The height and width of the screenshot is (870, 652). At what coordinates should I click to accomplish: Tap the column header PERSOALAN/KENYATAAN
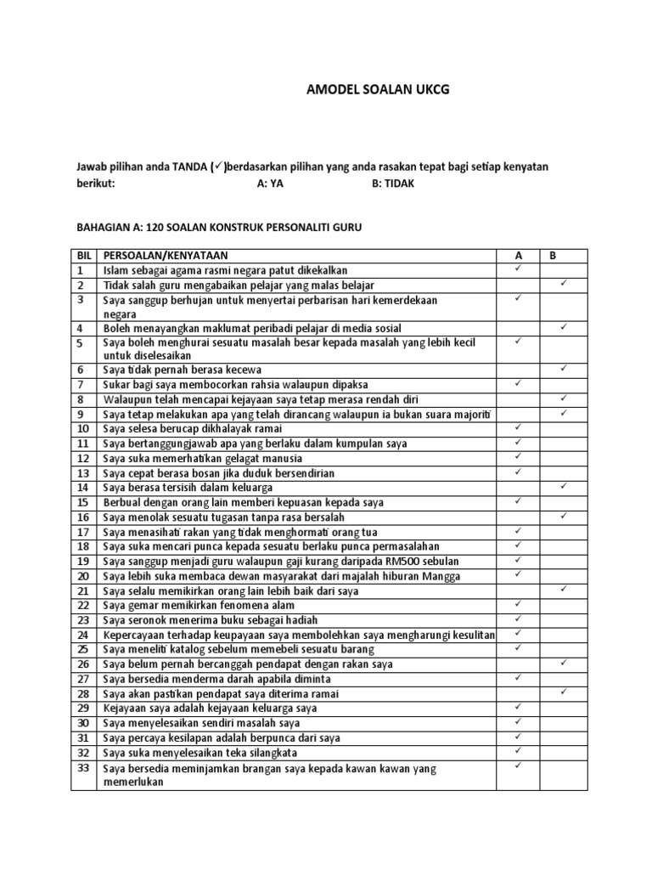click(166, 255)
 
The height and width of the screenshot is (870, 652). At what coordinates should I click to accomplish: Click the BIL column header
click(83, 255)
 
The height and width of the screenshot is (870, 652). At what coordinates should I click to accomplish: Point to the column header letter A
click(519, 255)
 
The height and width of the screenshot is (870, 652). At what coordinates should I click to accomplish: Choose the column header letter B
click(553, 255)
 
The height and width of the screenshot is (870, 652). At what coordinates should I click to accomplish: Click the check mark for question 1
click(519, 268)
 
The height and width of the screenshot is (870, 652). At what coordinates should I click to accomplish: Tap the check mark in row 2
click(563, 283)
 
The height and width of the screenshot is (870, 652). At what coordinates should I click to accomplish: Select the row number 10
click(82, 429)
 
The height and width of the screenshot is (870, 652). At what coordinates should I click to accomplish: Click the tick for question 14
click(563, 486)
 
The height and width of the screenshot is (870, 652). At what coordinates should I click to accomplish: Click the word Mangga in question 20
click(443, 576)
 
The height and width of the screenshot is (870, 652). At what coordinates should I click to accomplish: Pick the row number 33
click(82, 768)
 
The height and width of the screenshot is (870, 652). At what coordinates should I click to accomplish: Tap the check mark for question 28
click(563, 692)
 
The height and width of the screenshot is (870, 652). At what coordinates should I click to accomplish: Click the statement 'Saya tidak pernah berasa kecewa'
click(183, 370)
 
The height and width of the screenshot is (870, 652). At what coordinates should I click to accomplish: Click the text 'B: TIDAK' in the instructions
click(393, 183)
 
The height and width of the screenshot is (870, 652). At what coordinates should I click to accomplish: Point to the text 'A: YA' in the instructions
click(269, 183)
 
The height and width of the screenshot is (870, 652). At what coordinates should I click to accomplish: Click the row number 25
click(82, 649)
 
